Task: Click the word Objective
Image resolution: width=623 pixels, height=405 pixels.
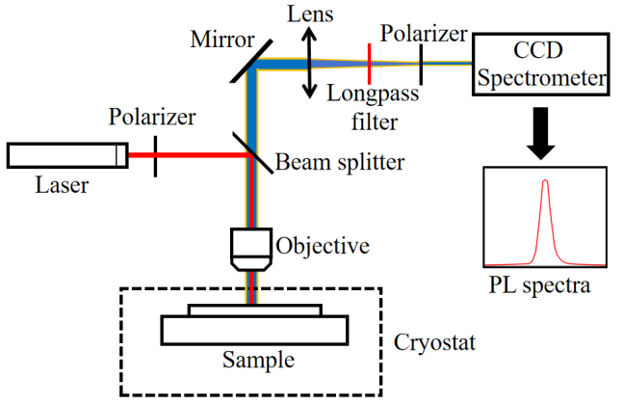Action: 323,246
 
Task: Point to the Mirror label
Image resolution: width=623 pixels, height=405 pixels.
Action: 221,40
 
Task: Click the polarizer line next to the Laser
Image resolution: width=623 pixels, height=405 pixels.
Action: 156,155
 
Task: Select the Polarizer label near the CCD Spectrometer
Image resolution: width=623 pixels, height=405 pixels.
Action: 424,33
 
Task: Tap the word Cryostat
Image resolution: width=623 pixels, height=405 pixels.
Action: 432,343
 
